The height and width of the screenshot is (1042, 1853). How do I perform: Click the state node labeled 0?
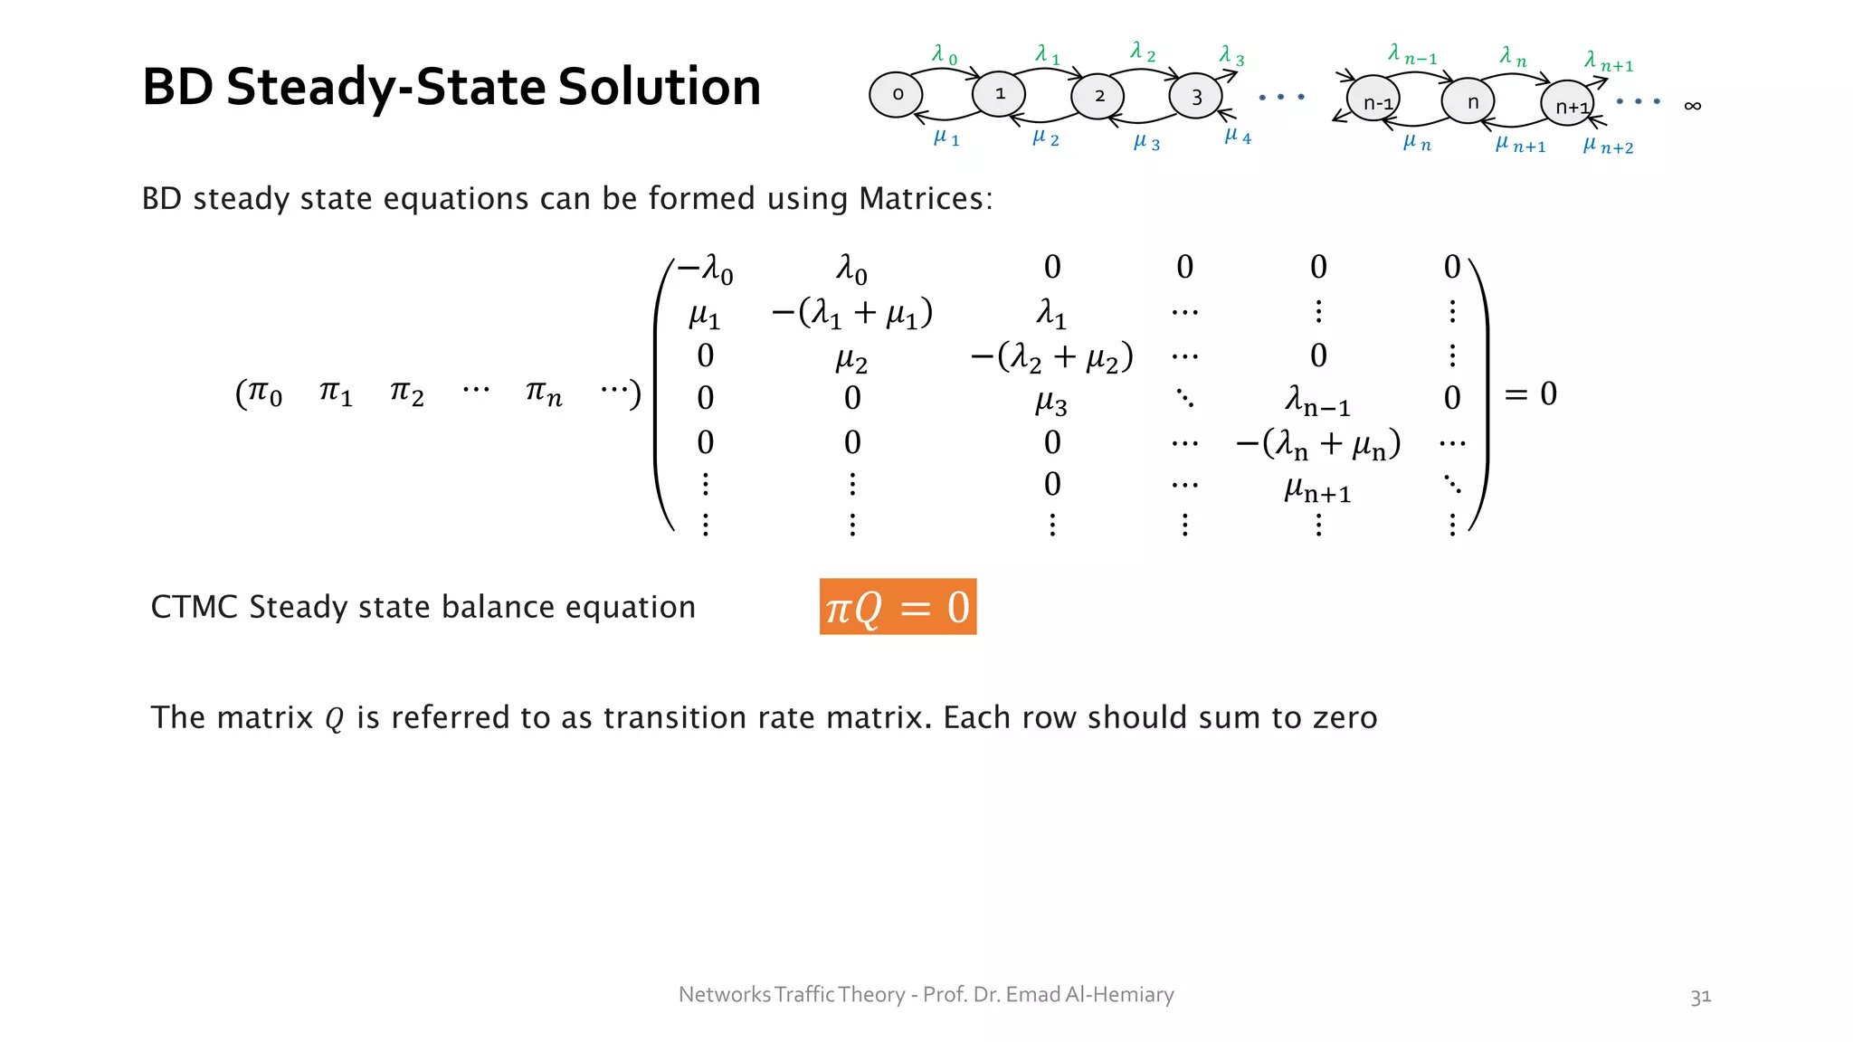click(896, 95)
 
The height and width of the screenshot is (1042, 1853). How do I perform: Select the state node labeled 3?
click(1195, 96)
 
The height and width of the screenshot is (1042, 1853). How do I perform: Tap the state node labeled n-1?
click(1373, 101)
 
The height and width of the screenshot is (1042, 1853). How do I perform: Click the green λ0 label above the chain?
click(944, 55)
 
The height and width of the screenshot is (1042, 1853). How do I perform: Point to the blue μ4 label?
click(1237, 137)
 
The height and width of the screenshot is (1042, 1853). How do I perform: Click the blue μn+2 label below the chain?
click(1608, 146)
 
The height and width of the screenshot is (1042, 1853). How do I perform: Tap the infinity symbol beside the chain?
click(1692, 106)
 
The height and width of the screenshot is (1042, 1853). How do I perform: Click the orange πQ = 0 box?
click(898, 606)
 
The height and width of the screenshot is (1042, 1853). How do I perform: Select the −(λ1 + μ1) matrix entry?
click(851, 313)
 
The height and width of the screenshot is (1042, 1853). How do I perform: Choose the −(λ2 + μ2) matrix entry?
click(1051, 357)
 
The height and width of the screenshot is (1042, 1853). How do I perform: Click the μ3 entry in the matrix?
click(1051, 401)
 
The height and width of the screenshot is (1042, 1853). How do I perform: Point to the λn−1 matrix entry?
click(1317, 400)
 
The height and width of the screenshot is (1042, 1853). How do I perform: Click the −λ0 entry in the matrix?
click(706, 269)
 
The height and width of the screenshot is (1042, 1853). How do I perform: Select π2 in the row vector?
click(406, 393)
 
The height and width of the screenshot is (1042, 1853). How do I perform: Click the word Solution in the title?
click(659, 87)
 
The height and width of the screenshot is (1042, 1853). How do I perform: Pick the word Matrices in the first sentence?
click(925, 198)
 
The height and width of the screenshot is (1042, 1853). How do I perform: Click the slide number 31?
click(1700, 997)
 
